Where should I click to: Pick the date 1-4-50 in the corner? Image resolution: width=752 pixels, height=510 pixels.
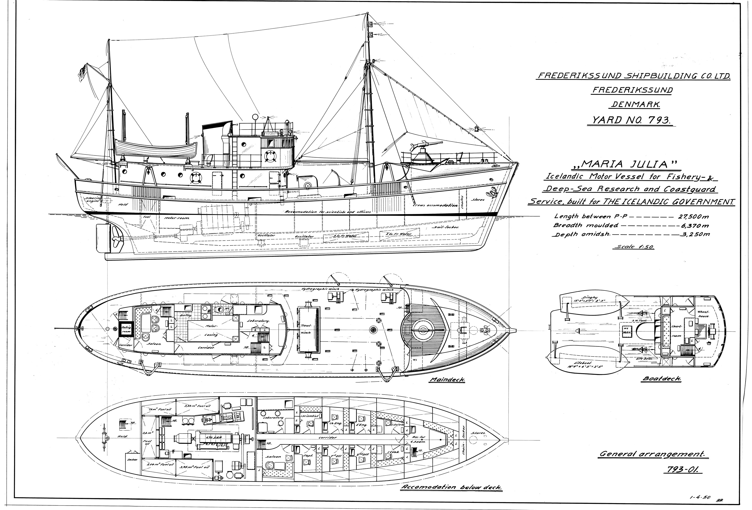coord(700,497)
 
